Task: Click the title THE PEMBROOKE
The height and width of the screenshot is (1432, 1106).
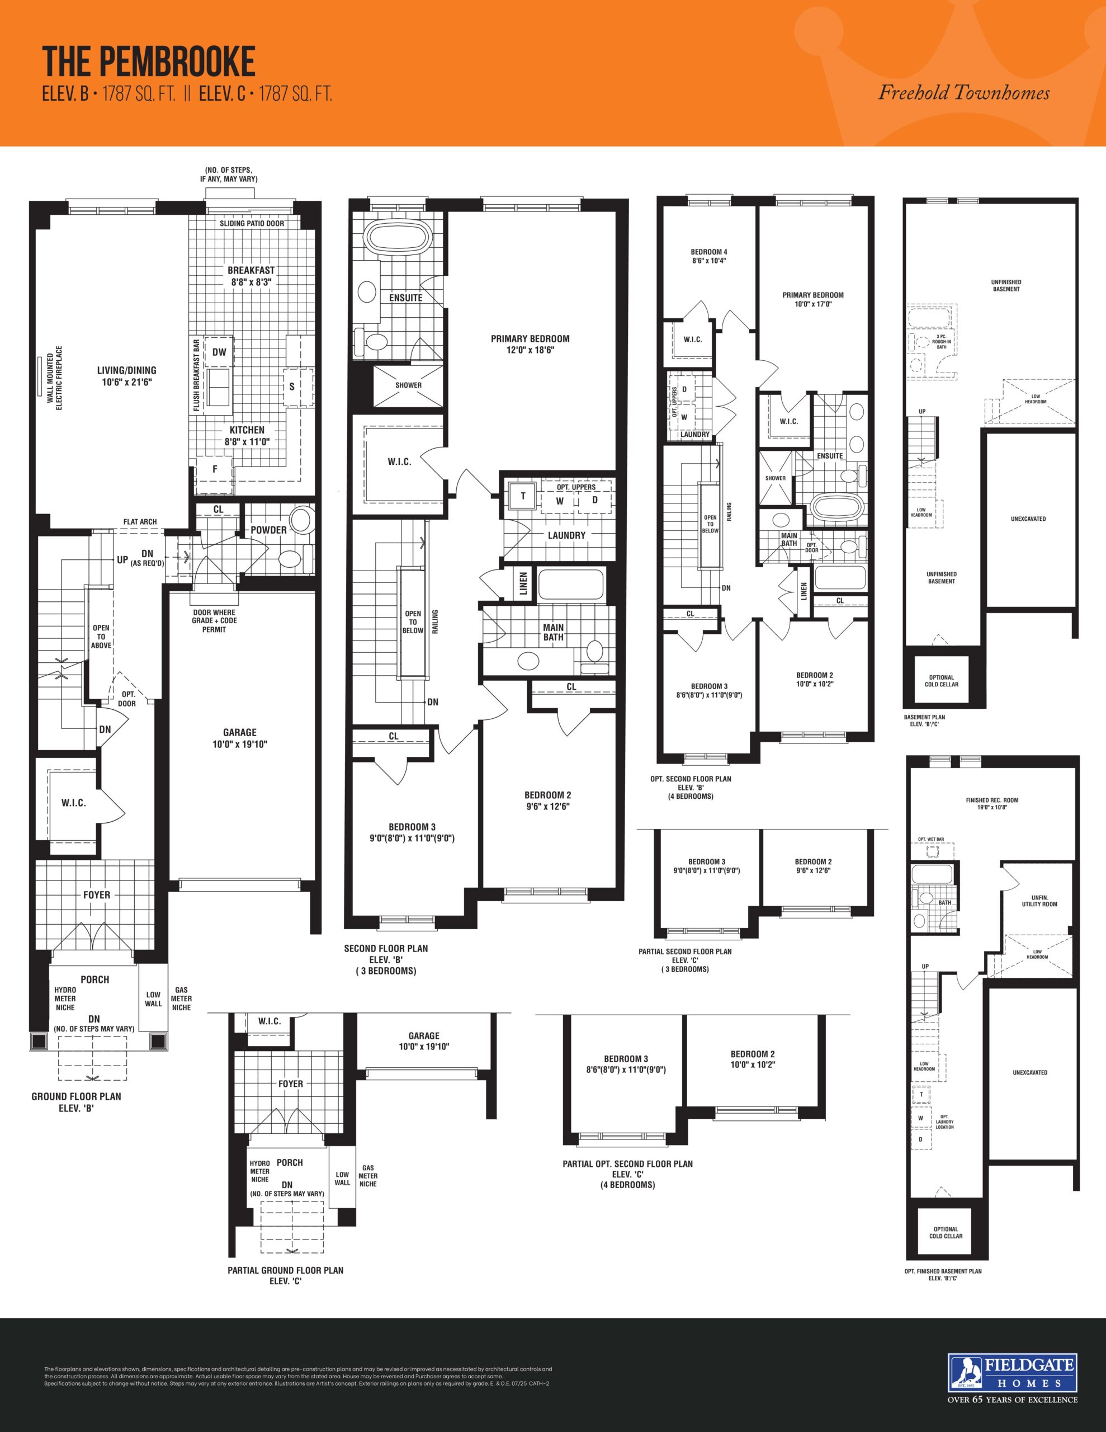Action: (x=149, y=63)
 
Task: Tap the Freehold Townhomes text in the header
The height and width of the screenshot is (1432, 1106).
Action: (x=964, y=93)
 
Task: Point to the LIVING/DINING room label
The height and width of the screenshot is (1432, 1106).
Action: (x=126, y=376)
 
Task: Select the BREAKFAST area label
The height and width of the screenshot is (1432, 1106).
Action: (x=251, y=276)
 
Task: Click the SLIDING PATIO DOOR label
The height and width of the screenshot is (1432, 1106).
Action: (x=252, y=224)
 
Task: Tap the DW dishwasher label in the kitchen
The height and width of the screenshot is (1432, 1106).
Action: (x=219, y=352)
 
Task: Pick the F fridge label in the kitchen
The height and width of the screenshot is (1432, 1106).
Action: (x=214, y=469)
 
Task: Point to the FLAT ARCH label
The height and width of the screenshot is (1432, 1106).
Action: (x=140, y=522)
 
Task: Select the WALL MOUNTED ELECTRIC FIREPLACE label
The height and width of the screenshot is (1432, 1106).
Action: (x=54, y=378)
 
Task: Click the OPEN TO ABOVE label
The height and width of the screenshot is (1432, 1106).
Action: (x=101, y=637)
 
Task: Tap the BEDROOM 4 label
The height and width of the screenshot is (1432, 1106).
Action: (x=708, y=256)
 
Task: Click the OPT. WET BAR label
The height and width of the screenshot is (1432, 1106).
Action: (x=931, y=839)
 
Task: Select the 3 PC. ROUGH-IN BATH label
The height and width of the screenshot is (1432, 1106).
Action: (x=942, y=342)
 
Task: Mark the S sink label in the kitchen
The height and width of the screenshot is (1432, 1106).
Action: (x=292, y=387)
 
